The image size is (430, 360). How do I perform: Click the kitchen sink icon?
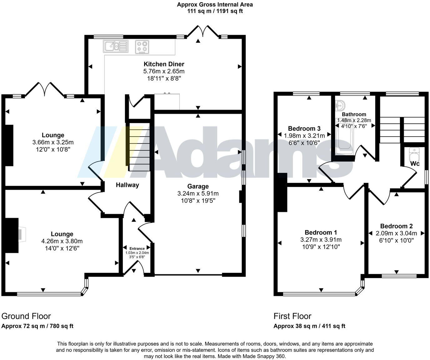115,47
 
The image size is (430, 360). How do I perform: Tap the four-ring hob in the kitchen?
142,47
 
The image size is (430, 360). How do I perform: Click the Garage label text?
198,187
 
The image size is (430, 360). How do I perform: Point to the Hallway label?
127,185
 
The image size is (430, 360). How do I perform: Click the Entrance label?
137,248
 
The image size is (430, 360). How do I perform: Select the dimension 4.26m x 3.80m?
62,241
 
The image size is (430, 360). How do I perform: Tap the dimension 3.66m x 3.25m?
53,142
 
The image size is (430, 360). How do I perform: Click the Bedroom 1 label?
321,232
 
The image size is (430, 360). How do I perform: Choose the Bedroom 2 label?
396,226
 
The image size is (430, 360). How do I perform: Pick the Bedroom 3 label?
304,128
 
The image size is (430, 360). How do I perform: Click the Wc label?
415,164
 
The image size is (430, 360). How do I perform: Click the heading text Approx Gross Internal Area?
215,5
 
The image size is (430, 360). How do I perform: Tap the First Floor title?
292,316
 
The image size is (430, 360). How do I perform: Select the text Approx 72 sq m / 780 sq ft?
37,326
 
